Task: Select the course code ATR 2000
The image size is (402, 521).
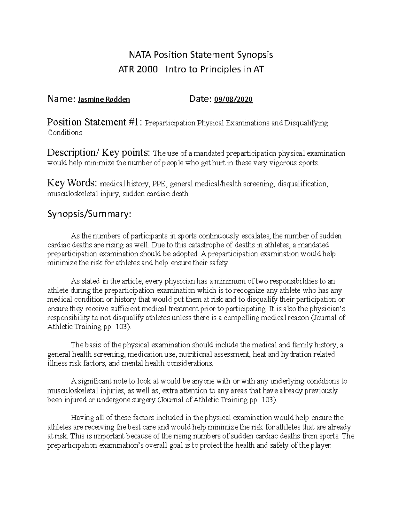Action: pos(138,70)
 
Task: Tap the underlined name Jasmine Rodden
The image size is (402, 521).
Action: pos(104,100)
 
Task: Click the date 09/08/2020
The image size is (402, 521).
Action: pos(233,100)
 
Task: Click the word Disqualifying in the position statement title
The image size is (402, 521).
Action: pos(306,123)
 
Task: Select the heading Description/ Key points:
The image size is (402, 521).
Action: pos(99,153)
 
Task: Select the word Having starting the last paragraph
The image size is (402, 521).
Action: pos(81,418)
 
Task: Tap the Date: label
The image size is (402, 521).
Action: pos(200,99)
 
